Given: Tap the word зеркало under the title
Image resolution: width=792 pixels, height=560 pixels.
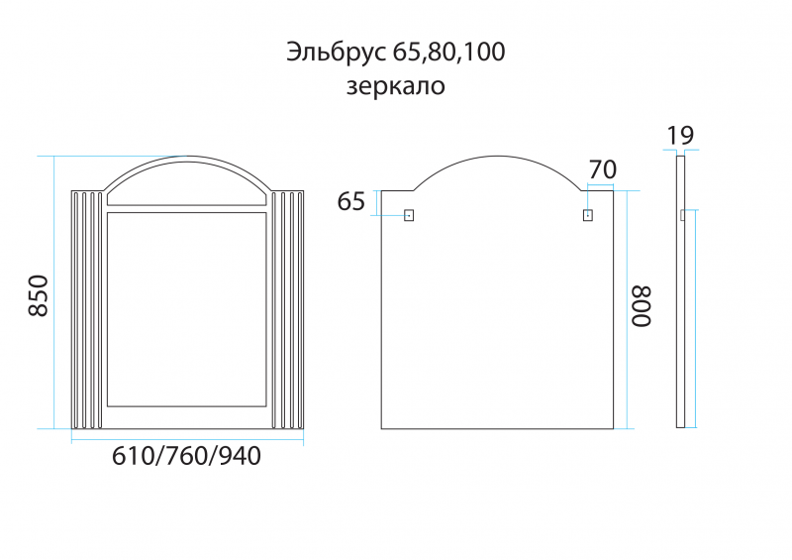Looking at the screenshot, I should click(395, 86).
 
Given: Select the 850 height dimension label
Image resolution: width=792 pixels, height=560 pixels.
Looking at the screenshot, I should click(38, 295).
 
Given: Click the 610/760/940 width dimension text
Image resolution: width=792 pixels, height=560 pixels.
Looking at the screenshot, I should click(187, 457).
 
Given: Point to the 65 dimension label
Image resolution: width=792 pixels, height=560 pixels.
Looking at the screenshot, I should click(351, 202).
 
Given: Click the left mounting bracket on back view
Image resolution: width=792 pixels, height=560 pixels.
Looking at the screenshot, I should click(409, 214).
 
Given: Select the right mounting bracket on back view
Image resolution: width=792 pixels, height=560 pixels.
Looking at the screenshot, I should click(587, 214).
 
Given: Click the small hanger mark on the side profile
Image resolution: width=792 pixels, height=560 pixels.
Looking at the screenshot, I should click(683, 214).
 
